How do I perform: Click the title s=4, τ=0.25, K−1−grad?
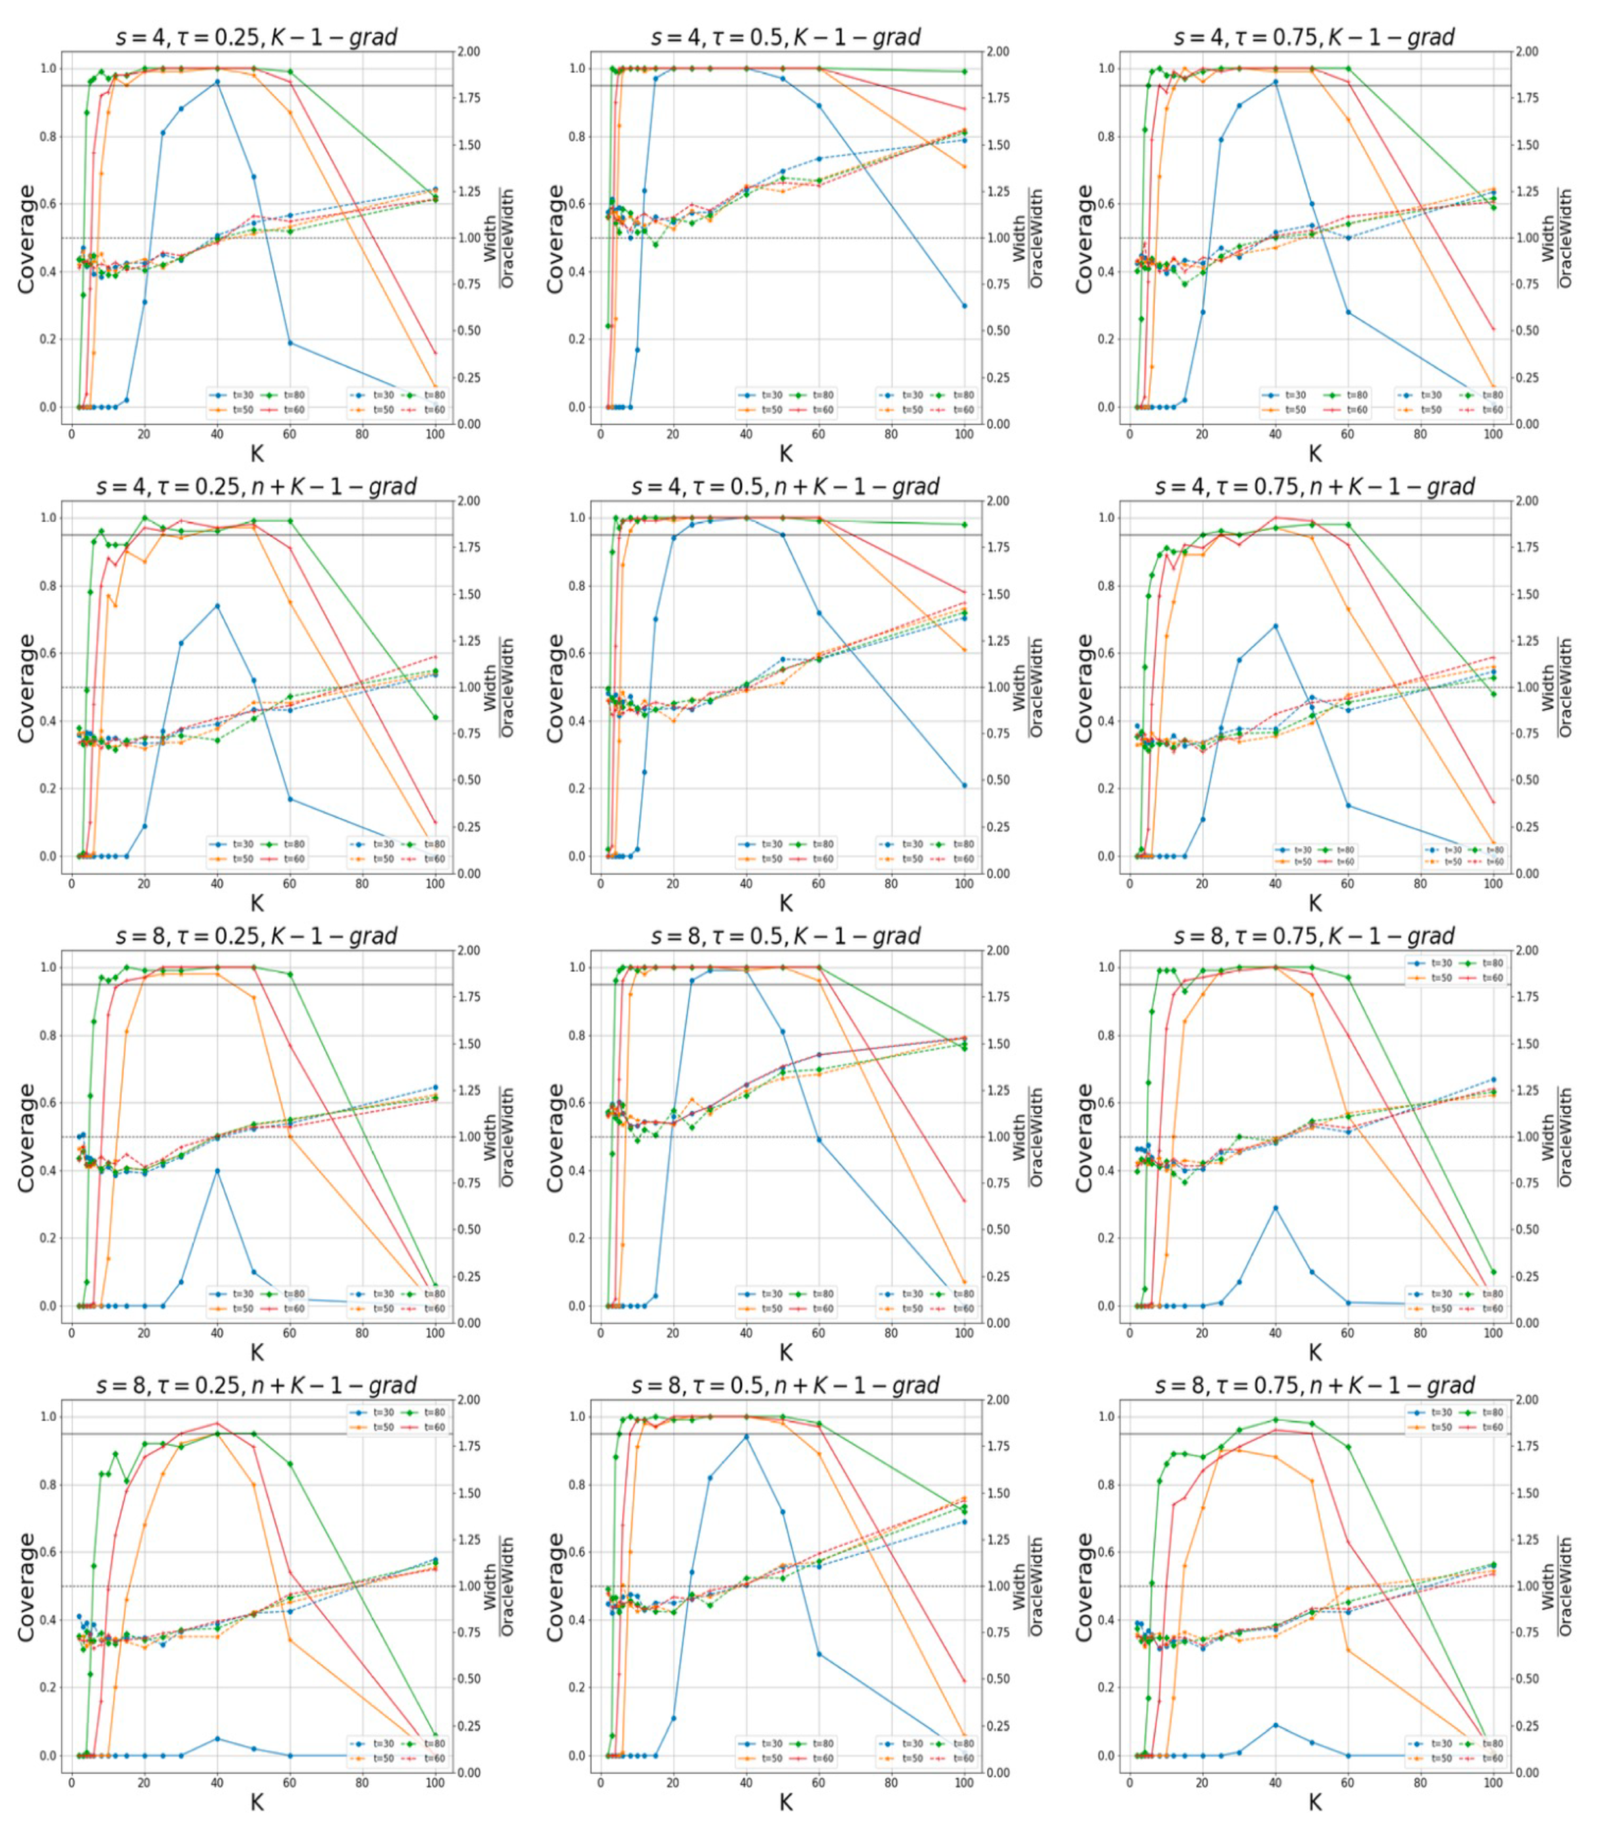[257, 37]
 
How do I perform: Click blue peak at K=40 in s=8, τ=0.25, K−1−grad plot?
[217, 1170]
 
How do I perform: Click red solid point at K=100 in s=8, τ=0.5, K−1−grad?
[964, 1201]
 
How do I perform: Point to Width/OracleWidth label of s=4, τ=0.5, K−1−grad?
[1027, 238]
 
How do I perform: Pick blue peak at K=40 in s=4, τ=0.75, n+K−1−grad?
[1275, 626]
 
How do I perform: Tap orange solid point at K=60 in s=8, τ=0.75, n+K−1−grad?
[1347, 1649]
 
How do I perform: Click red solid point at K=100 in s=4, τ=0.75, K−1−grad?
[1493, 329]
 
